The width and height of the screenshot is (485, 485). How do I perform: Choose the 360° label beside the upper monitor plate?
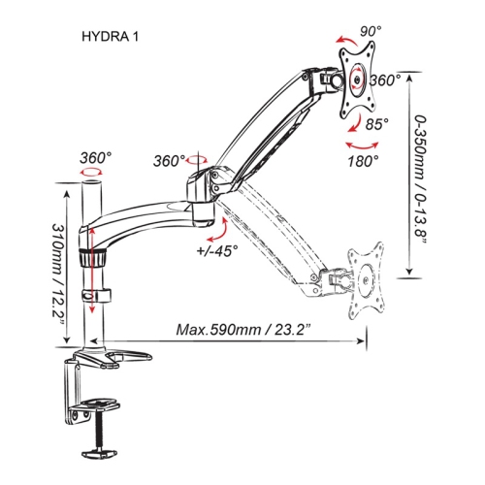[x=385, y=81]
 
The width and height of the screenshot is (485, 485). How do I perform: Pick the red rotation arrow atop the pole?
[x=92, y=172]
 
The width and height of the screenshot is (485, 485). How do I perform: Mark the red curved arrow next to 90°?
[x=344, y=40]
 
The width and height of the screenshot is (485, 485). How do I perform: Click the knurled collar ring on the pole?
[x=95, y=260]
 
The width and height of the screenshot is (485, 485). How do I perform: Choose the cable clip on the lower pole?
[x=95, y=296]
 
